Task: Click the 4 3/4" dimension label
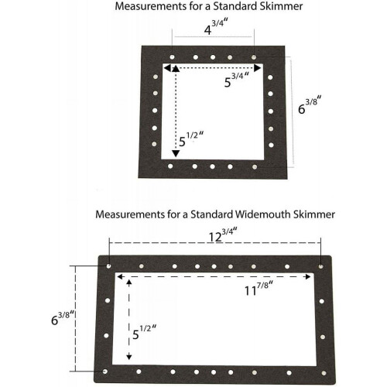(216, 27)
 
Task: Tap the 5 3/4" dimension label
(237, 80)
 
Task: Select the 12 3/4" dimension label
(223, 235)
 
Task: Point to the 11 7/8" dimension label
(259, 289)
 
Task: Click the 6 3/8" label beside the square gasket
(310, 104)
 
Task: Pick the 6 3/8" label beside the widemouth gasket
(63, 318)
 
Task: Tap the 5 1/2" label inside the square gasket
(191, 139)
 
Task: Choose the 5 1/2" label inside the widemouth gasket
(144, 332)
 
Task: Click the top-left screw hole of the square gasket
(172, 57)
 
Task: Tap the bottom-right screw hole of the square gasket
(255, 167)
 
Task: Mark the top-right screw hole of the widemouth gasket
(320, 266)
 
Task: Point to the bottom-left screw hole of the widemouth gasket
(105, 372)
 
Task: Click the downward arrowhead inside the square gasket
(176, 153)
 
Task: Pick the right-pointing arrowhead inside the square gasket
(258, 68)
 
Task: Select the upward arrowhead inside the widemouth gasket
(129, 282)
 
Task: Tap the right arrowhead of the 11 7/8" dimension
(308, 277)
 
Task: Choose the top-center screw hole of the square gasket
(213, 57)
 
